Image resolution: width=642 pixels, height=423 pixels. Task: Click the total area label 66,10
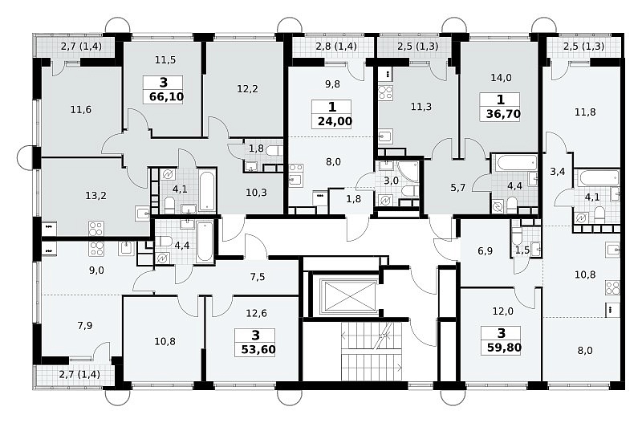(x=166, y=97)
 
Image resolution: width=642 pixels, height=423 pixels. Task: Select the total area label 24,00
(x=335, y=122)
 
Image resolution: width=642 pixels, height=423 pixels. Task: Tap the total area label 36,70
(x=503, y=113)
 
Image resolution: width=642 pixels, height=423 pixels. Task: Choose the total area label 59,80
(x=504, y=348)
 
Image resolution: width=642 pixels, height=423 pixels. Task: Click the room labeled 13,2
(x=95, y=196)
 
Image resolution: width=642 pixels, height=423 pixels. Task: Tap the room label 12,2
(x=247, y=88)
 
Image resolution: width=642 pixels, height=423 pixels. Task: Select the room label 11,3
(x=421, y=107)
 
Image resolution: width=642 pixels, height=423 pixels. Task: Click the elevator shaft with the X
(x=349, y=295)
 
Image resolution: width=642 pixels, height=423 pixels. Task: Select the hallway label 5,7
(x=457, y=188)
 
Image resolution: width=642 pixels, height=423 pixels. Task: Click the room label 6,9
(x=485, y=250)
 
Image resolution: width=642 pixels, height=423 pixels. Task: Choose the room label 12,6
(x=256, y=313)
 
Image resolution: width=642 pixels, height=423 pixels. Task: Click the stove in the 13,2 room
(x=96, y=229)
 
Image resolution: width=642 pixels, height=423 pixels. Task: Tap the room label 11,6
(x=81, y=110)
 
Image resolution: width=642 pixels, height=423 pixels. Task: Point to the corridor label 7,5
(x=258, y=277)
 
